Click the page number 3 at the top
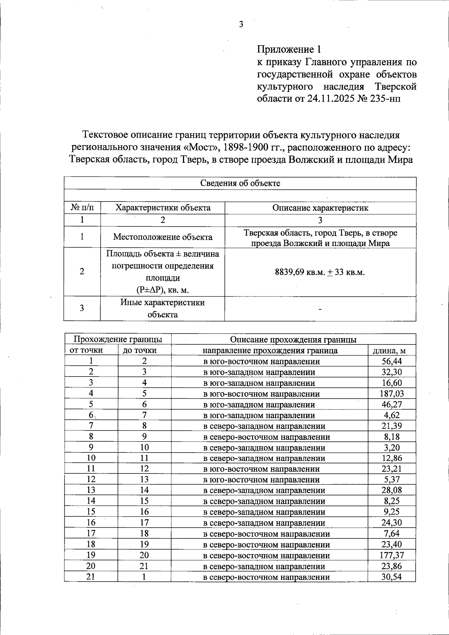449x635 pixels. click(241, 25)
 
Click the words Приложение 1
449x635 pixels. click(289, 49)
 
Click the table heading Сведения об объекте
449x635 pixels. click(240, 183)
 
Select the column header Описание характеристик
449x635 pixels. click(320, 208)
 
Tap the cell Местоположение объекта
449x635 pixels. click(162, 237)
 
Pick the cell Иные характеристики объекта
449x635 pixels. click(162, 308)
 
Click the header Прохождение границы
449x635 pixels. click(117, 339)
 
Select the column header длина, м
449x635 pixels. click(389, 351)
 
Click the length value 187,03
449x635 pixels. click(391, 394)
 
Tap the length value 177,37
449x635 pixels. click(391, 555)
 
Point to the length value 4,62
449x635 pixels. click(391, 415)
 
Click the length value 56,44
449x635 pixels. click(391, 361)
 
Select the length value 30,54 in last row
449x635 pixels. click(391, 577)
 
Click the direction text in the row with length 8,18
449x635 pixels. click(266, 437)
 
